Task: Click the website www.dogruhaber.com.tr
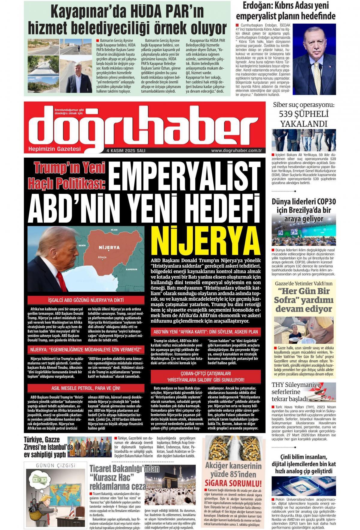tap(237, 151)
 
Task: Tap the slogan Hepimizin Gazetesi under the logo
tap(54, 149)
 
